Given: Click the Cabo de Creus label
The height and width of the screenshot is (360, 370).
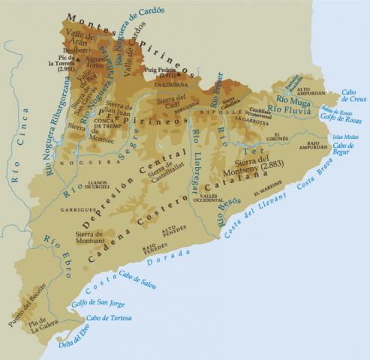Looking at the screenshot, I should coord(353,97).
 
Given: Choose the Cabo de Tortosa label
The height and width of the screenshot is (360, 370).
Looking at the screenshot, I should coord(108,318).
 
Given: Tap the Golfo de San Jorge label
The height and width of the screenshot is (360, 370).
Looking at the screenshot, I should coord(97,304).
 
